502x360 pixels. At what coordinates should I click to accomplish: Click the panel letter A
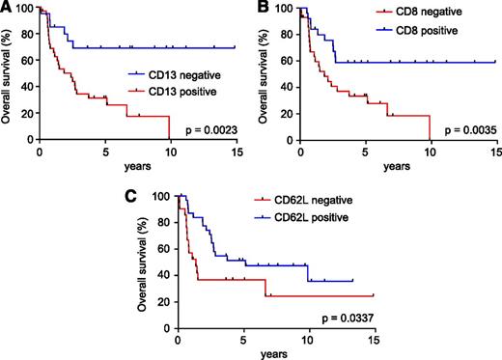pyautogui.click(x=6, y=8)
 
